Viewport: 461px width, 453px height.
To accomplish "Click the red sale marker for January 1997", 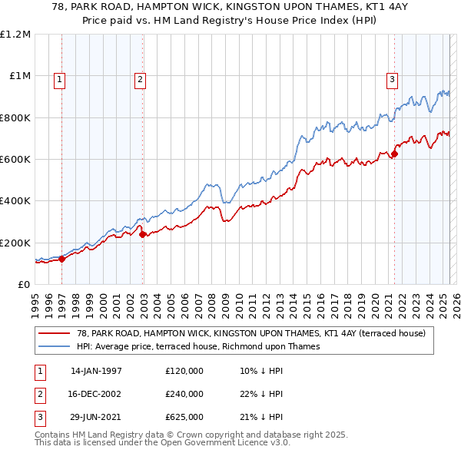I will coord(62,259).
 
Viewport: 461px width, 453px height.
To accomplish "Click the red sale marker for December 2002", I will coord(143,234).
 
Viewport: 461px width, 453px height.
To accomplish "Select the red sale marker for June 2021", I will coord(394,154).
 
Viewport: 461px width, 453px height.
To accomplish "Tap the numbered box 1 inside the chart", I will coord(60,78).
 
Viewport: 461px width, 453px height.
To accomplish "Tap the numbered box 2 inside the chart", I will coord(140,78).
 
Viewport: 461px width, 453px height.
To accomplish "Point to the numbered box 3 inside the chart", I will coord(392,78).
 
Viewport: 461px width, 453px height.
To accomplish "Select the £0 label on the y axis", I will coord(24,284).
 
